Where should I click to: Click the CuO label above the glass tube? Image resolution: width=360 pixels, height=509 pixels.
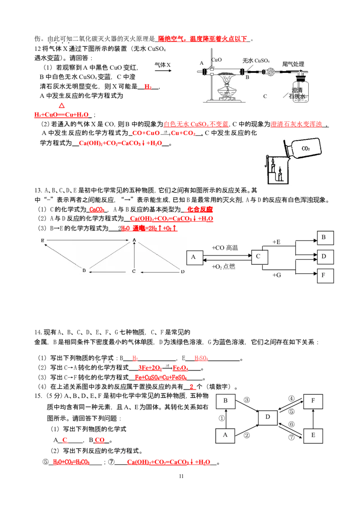(x=216, y=59)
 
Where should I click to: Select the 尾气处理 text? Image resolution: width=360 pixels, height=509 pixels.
(x=293, y=64)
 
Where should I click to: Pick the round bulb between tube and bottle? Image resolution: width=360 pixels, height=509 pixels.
(x=271, y=72)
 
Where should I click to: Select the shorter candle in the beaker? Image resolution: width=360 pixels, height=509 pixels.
(x=280, y=176)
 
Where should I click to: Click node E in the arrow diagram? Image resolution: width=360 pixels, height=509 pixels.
(x=42, y=241)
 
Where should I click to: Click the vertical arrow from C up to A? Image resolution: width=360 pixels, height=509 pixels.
(x=134, y=256)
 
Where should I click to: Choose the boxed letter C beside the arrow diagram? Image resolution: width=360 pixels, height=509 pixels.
(x=258, y=256)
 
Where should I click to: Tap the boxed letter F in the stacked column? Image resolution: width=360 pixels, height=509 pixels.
(x=325, y=276)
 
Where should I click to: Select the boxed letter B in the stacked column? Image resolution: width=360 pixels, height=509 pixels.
(x=325, y=238)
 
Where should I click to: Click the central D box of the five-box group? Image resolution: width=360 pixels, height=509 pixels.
(x=268, y=417)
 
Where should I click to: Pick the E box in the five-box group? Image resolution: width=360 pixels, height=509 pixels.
(x=313, y=435)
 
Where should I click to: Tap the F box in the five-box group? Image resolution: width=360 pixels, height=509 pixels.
(x=313, y=400)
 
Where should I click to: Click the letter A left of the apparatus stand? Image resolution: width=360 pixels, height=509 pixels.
(x=202, y=63)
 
